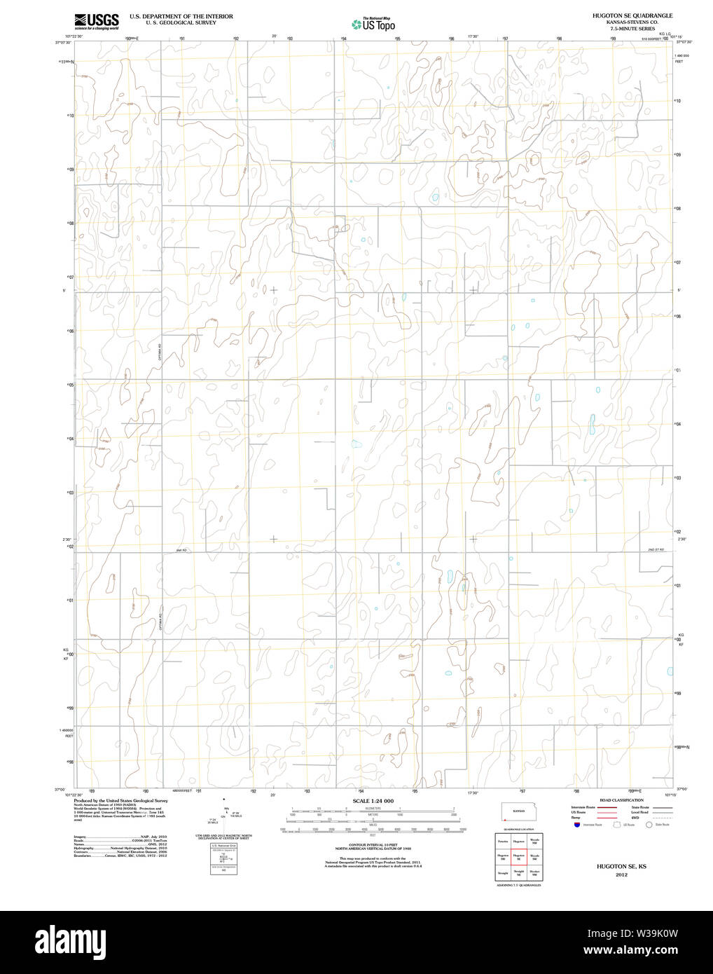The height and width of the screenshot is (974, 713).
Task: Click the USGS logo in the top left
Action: (97, 21)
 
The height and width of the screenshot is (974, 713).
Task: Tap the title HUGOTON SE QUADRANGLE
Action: (622, 15)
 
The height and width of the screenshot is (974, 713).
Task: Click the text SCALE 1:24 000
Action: (373, 801)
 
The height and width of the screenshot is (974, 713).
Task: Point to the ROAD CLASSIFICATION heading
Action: (621, 800)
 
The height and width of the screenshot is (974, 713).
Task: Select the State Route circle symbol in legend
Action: (649, 825)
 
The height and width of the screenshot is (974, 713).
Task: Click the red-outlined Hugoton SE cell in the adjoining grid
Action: (518, 856)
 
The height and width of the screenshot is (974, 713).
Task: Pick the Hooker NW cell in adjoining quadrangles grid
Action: (534, 873)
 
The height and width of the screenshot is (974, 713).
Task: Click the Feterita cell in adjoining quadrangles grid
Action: (502, 840)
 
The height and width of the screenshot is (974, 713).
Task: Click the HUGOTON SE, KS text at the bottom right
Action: (621, 867)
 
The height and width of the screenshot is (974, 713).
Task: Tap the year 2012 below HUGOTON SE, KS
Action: (621, 874)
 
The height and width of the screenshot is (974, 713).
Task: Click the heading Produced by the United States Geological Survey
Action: (120, 800)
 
